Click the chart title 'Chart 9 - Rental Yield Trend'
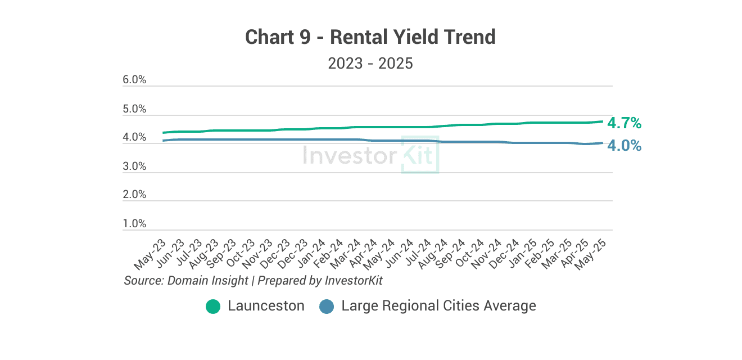point(370,38)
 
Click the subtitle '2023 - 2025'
point(370,64)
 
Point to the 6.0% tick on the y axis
point(134,80)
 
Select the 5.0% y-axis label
point(134,109)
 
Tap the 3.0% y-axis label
point(134,166)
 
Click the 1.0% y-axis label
point(134,224)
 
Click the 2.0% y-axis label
point(134,195)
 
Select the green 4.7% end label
point(625,123)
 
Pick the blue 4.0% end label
point(625,146)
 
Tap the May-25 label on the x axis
point(595,254)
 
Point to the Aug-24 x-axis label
point(435,254)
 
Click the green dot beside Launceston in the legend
point(213,307)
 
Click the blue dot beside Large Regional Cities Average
point(327,307)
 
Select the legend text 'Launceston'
point(266,306)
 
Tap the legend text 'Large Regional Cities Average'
point(438,306)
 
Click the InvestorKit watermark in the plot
point(371,155)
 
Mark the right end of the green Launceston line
point(603,121)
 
